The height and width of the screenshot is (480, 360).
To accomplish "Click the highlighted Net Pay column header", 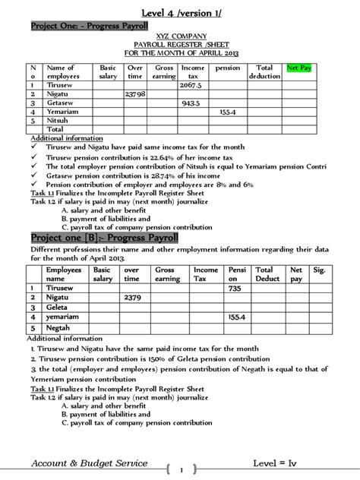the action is pos(300,68).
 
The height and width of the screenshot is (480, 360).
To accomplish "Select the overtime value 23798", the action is pos(134,94).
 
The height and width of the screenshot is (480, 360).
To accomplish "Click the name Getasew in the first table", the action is pos(62,103).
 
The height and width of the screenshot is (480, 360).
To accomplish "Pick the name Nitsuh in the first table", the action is pos(60,120).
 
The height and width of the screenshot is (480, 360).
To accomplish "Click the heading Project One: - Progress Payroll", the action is pos(84,27).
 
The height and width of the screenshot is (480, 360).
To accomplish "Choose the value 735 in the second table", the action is pos(235,289).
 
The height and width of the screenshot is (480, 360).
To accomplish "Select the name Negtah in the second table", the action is pos(59,327).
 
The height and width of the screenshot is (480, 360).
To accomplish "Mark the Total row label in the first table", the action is pos(56,129).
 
